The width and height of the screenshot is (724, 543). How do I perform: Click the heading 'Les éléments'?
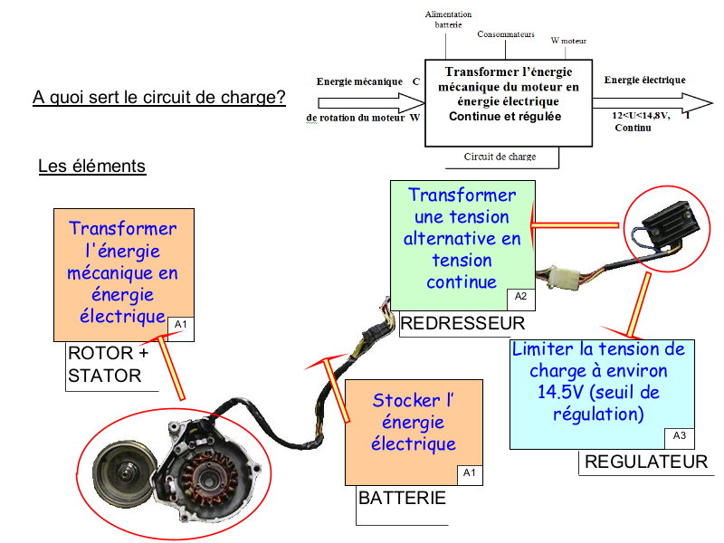(x=91, y=167)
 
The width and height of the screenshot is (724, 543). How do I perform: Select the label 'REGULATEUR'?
(x=646, y=462)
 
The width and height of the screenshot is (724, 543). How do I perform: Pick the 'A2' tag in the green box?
(x=520, y=296)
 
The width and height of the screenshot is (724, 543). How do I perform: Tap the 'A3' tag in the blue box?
(x=680, y=435)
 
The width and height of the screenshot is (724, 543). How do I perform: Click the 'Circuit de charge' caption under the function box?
(x=500, y=157)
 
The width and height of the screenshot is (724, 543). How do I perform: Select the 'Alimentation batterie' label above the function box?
(x=447, y=19)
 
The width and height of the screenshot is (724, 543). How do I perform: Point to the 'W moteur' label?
(x=568, y=41)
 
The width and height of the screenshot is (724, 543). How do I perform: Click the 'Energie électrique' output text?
(x=644, y=80)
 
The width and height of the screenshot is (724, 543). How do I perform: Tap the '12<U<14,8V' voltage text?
(x=640, y=116)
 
